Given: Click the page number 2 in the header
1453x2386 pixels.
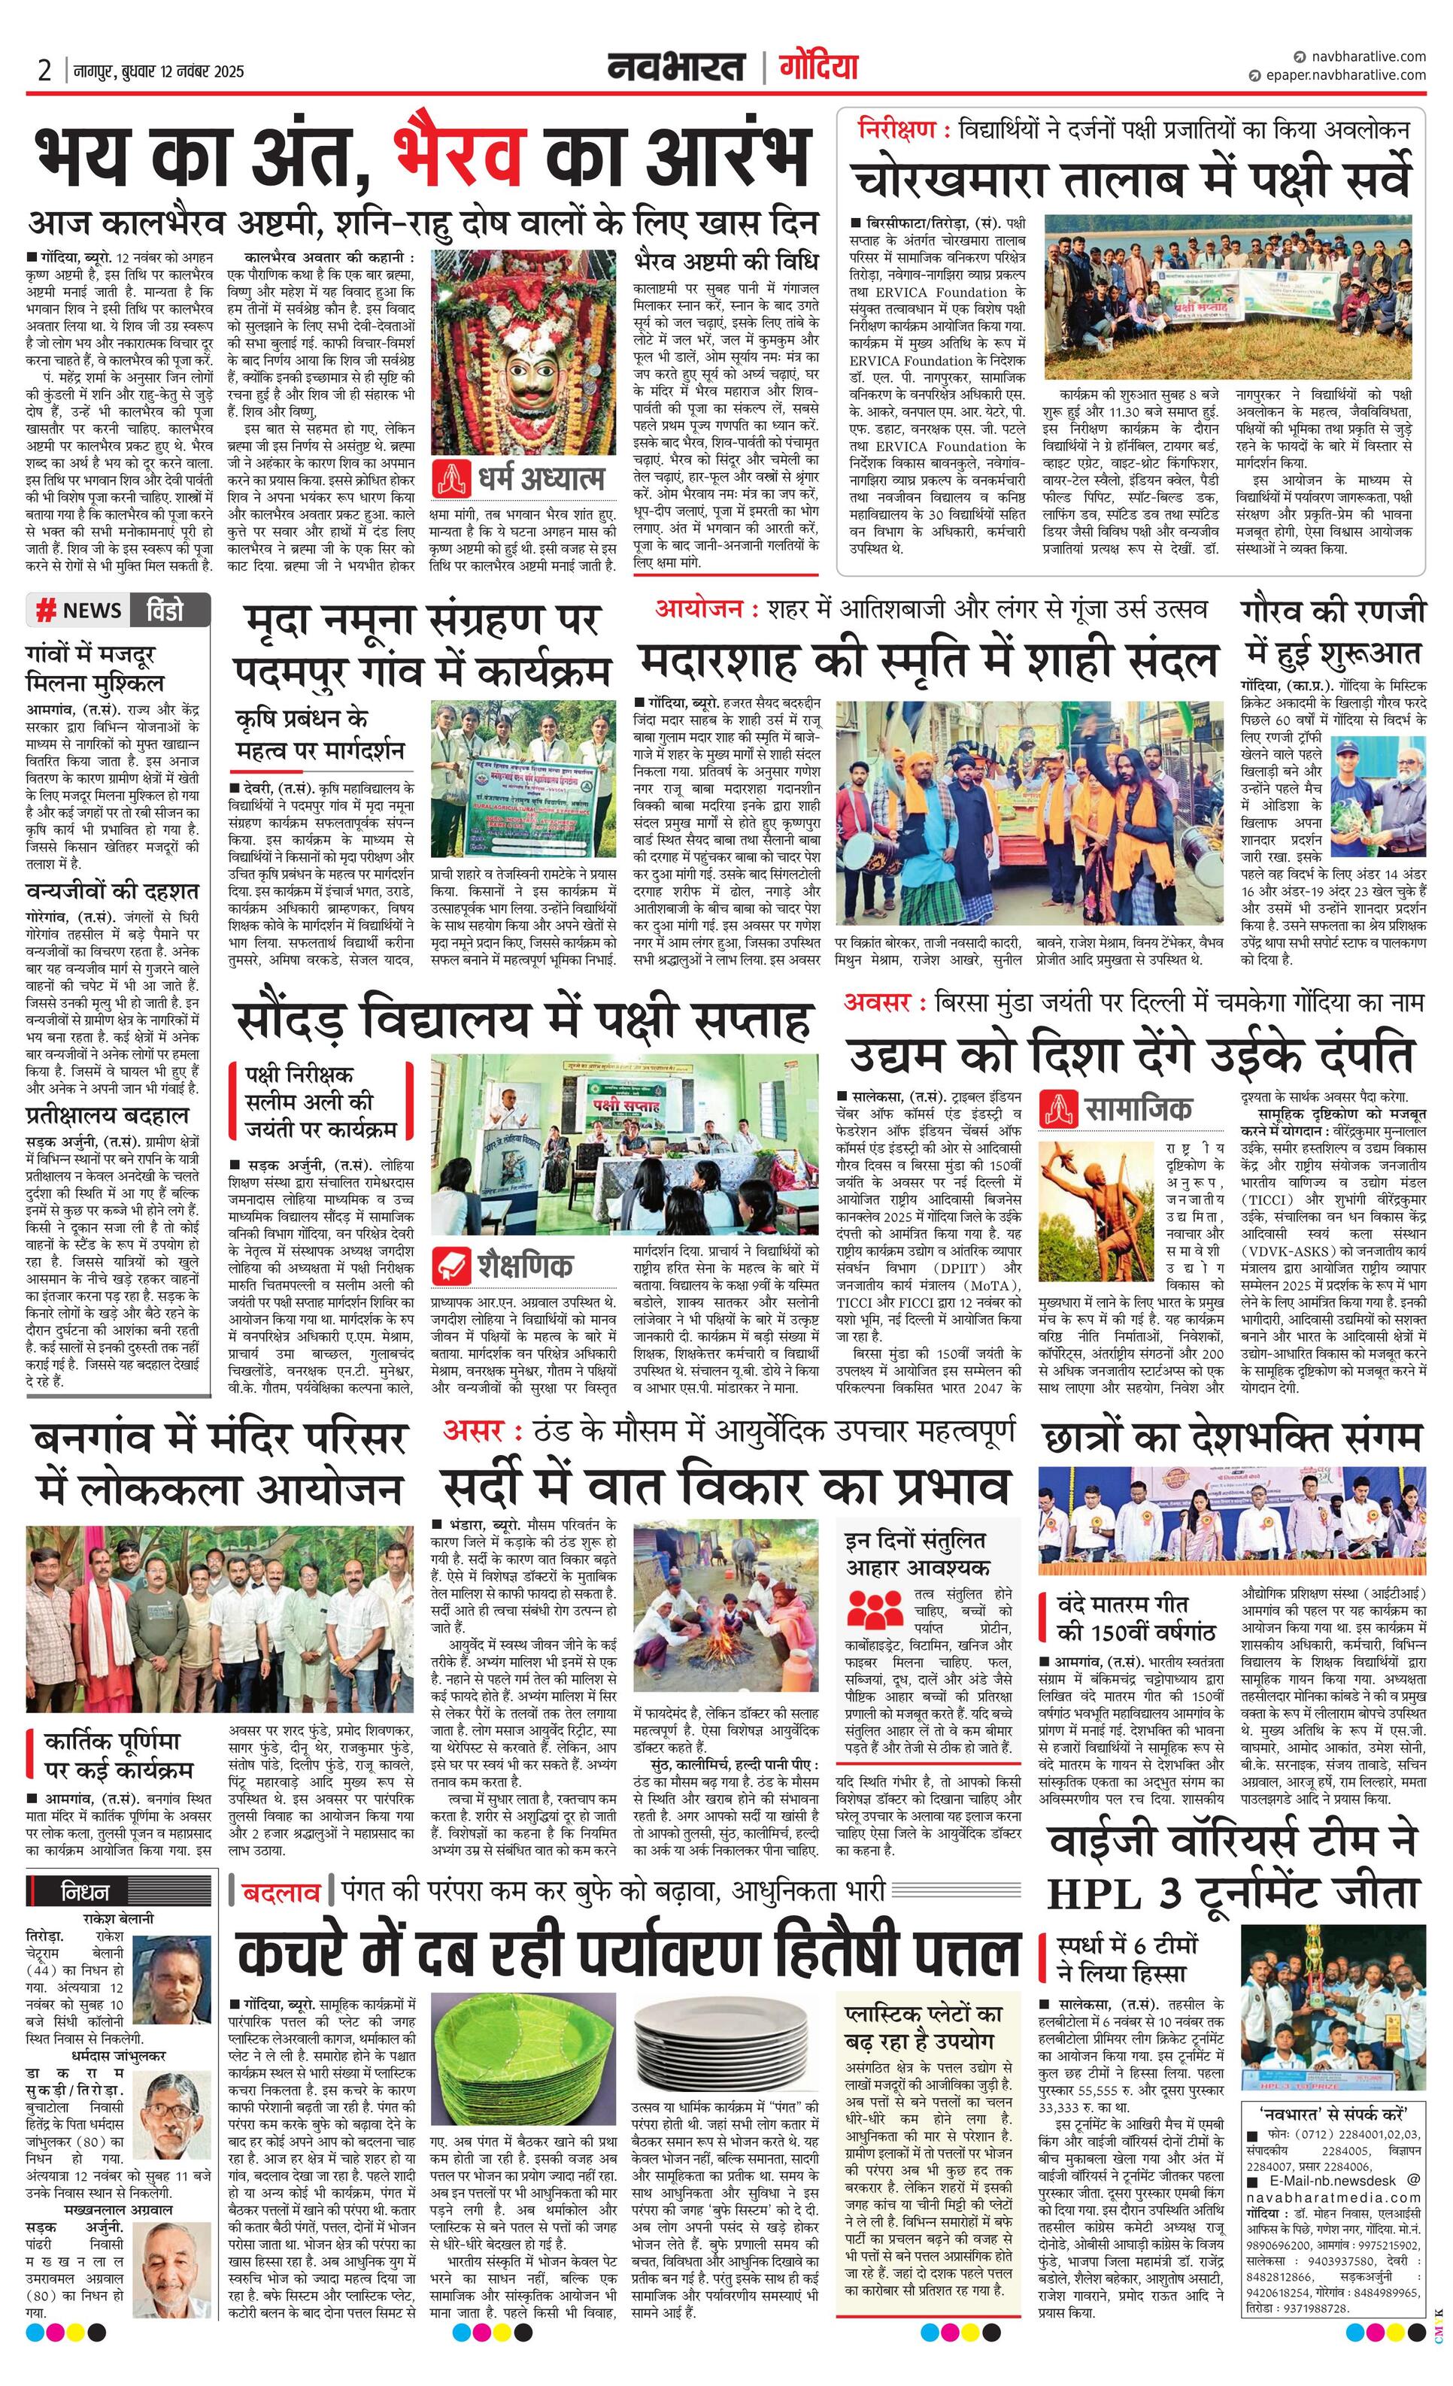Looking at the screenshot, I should point(44,71).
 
